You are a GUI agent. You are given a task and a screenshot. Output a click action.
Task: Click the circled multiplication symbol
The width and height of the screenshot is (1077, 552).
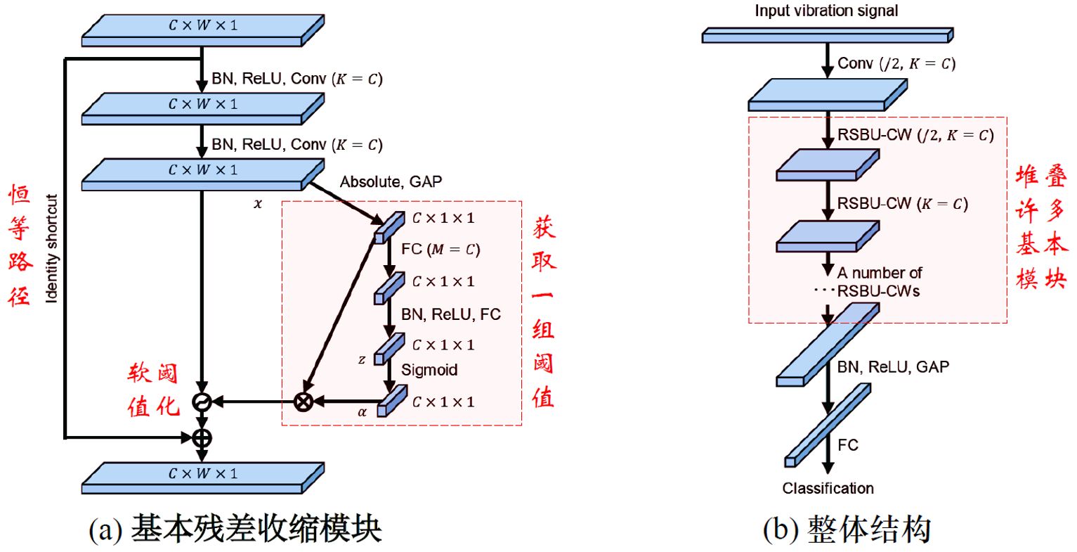coord(303,402)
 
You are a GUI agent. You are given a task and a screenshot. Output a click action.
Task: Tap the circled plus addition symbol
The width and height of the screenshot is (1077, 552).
coord(202,438)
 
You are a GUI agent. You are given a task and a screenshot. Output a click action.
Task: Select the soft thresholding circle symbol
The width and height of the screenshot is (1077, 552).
coord(202,402)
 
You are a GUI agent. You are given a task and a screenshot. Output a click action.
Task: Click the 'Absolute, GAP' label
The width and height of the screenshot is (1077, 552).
coord(391,181)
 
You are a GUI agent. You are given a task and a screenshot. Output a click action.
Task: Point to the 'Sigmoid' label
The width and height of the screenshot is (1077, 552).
coord(429,370)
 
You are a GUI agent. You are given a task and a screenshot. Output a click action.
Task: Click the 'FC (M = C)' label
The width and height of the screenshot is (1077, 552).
coord(440,250)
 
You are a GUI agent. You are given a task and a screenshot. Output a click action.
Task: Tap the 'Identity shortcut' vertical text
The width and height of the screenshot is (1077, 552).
coord(52,248)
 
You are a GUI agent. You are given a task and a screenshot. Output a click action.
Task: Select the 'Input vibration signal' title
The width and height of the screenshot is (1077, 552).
coord(826,11)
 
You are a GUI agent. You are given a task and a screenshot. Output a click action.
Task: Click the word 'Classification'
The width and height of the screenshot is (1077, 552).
coord(828,488)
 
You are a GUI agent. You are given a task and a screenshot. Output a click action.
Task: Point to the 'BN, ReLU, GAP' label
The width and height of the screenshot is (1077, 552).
coord(894,367)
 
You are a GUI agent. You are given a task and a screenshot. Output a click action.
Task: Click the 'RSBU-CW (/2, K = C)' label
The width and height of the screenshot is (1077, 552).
coord(915,135)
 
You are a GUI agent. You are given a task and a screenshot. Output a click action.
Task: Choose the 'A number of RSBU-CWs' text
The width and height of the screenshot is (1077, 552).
coord(880,282)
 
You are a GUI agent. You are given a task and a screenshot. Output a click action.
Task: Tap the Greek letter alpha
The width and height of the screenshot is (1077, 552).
coord(362,413)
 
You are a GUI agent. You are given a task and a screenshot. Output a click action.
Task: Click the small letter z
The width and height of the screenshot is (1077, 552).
coord(362,359)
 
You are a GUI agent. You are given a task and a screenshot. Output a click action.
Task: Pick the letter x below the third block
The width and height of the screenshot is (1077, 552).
coord(258,204)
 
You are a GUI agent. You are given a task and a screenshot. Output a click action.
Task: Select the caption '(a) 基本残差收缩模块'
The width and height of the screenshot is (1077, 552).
coord(235,529)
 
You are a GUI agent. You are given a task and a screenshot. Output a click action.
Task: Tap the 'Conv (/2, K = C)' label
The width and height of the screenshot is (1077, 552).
coord(896,63)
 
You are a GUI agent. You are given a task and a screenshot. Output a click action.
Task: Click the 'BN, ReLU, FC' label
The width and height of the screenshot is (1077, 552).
coord(451,314)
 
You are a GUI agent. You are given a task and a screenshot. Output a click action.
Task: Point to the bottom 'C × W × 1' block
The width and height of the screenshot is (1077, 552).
coord(203,478)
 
